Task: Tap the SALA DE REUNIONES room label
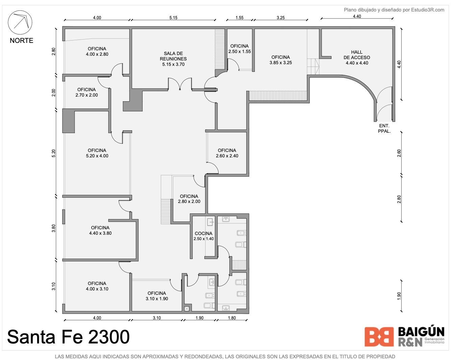tap(173, 59)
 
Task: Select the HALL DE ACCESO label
tap(357, 57)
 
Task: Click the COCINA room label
tap(203, 236)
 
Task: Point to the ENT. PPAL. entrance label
tap(384, 128)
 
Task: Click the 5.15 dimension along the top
tap(173, 18)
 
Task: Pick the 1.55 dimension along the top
tap(239, 18)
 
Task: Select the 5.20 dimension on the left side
tap(54, 153)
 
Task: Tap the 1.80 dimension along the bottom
tap(232, 318)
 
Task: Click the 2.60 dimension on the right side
tap(399, 153)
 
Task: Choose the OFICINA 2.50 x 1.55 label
tap(239, 49)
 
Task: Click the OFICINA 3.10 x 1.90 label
tap(157, 296)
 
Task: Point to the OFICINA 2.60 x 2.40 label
tap(227, 153)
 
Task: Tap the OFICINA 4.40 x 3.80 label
tap(100, 230)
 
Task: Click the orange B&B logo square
tap(379, 337)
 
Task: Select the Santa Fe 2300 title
tap(68, 337)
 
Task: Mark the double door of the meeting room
tap(180, 84)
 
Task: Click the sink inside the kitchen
tap(210, 222)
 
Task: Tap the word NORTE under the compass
tap(21, 41)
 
